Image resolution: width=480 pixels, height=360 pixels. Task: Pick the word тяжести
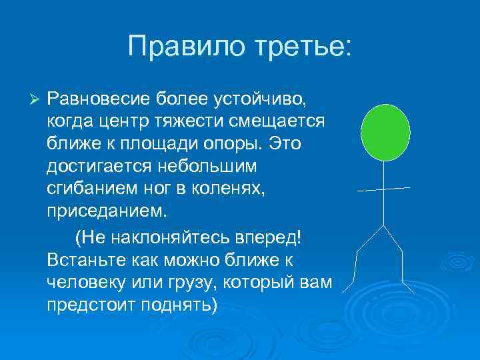[x=198, y=123]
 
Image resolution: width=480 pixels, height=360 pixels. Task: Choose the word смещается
[x=284, y=123]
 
